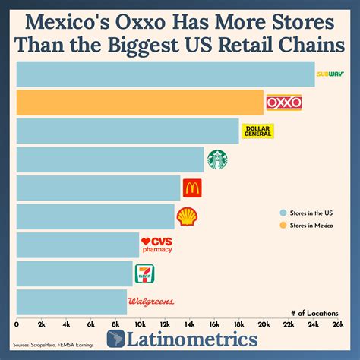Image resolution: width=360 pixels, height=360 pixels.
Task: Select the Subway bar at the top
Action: click(165, 74)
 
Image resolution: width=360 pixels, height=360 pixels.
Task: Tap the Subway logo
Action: click(330, 74)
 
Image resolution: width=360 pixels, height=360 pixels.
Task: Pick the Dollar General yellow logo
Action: click(257, 131)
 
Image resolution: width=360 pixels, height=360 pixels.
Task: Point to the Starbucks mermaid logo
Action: click(218, 159)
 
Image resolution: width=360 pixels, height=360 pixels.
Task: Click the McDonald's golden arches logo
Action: click(192, 188)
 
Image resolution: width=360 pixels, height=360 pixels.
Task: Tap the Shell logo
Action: click(186, 216)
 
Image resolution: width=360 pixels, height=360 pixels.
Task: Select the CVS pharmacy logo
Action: click(157, 245)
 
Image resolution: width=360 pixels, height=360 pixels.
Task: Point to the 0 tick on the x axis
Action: click(17, 324)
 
